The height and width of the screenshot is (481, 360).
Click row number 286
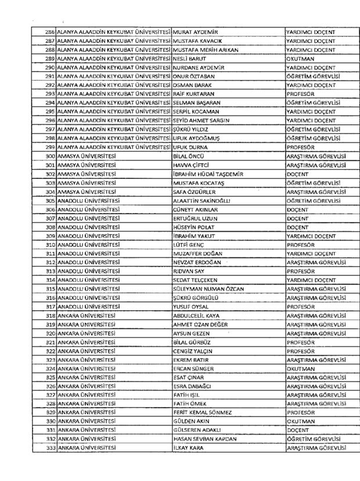coord(49,33)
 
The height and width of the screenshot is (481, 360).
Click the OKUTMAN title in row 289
coord(301,59)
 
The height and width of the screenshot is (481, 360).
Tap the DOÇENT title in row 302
coord(298,174)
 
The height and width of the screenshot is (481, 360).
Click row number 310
coord(49,245)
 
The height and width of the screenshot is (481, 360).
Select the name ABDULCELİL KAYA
coord(200,315)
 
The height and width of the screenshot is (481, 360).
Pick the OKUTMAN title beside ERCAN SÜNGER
coord(301,369)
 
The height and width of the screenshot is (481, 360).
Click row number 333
coord(49,448)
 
